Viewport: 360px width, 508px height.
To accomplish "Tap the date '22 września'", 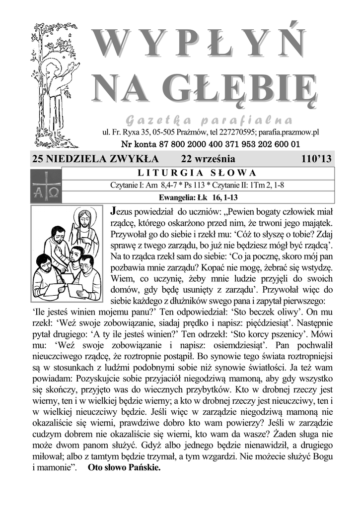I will coord(208,159).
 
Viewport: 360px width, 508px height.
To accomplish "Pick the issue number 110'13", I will coord(316,159).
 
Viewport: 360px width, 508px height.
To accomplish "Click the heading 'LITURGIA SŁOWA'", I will coord(196,173).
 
